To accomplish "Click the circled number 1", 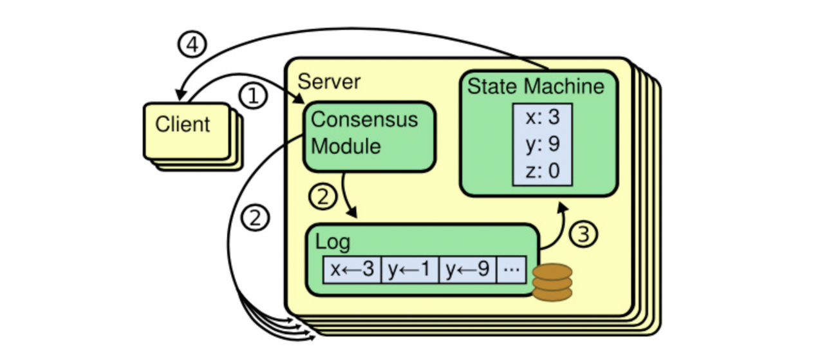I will click(253, 97).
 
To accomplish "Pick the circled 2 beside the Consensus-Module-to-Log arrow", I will click(323, 196).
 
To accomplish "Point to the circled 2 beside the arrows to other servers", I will click(255, 218).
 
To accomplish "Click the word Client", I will click(183, 124).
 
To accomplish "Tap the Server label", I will click(329, 82).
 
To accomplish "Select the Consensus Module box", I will click(369, 136).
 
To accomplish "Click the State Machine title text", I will click(536, 86).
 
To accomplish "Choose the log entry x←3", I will click(352, 270).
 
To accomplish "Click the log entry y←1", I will click(410, 270).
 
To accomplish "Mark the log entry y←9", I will click(467, 270).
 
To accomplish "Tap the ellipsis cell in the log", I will click(512, 270).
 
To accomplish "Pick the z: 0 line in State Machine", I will click(541, 172).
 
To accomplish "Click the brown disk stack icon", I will click(552, 282).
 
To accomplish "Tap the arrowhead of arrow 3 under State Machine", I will click(563, 207).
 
